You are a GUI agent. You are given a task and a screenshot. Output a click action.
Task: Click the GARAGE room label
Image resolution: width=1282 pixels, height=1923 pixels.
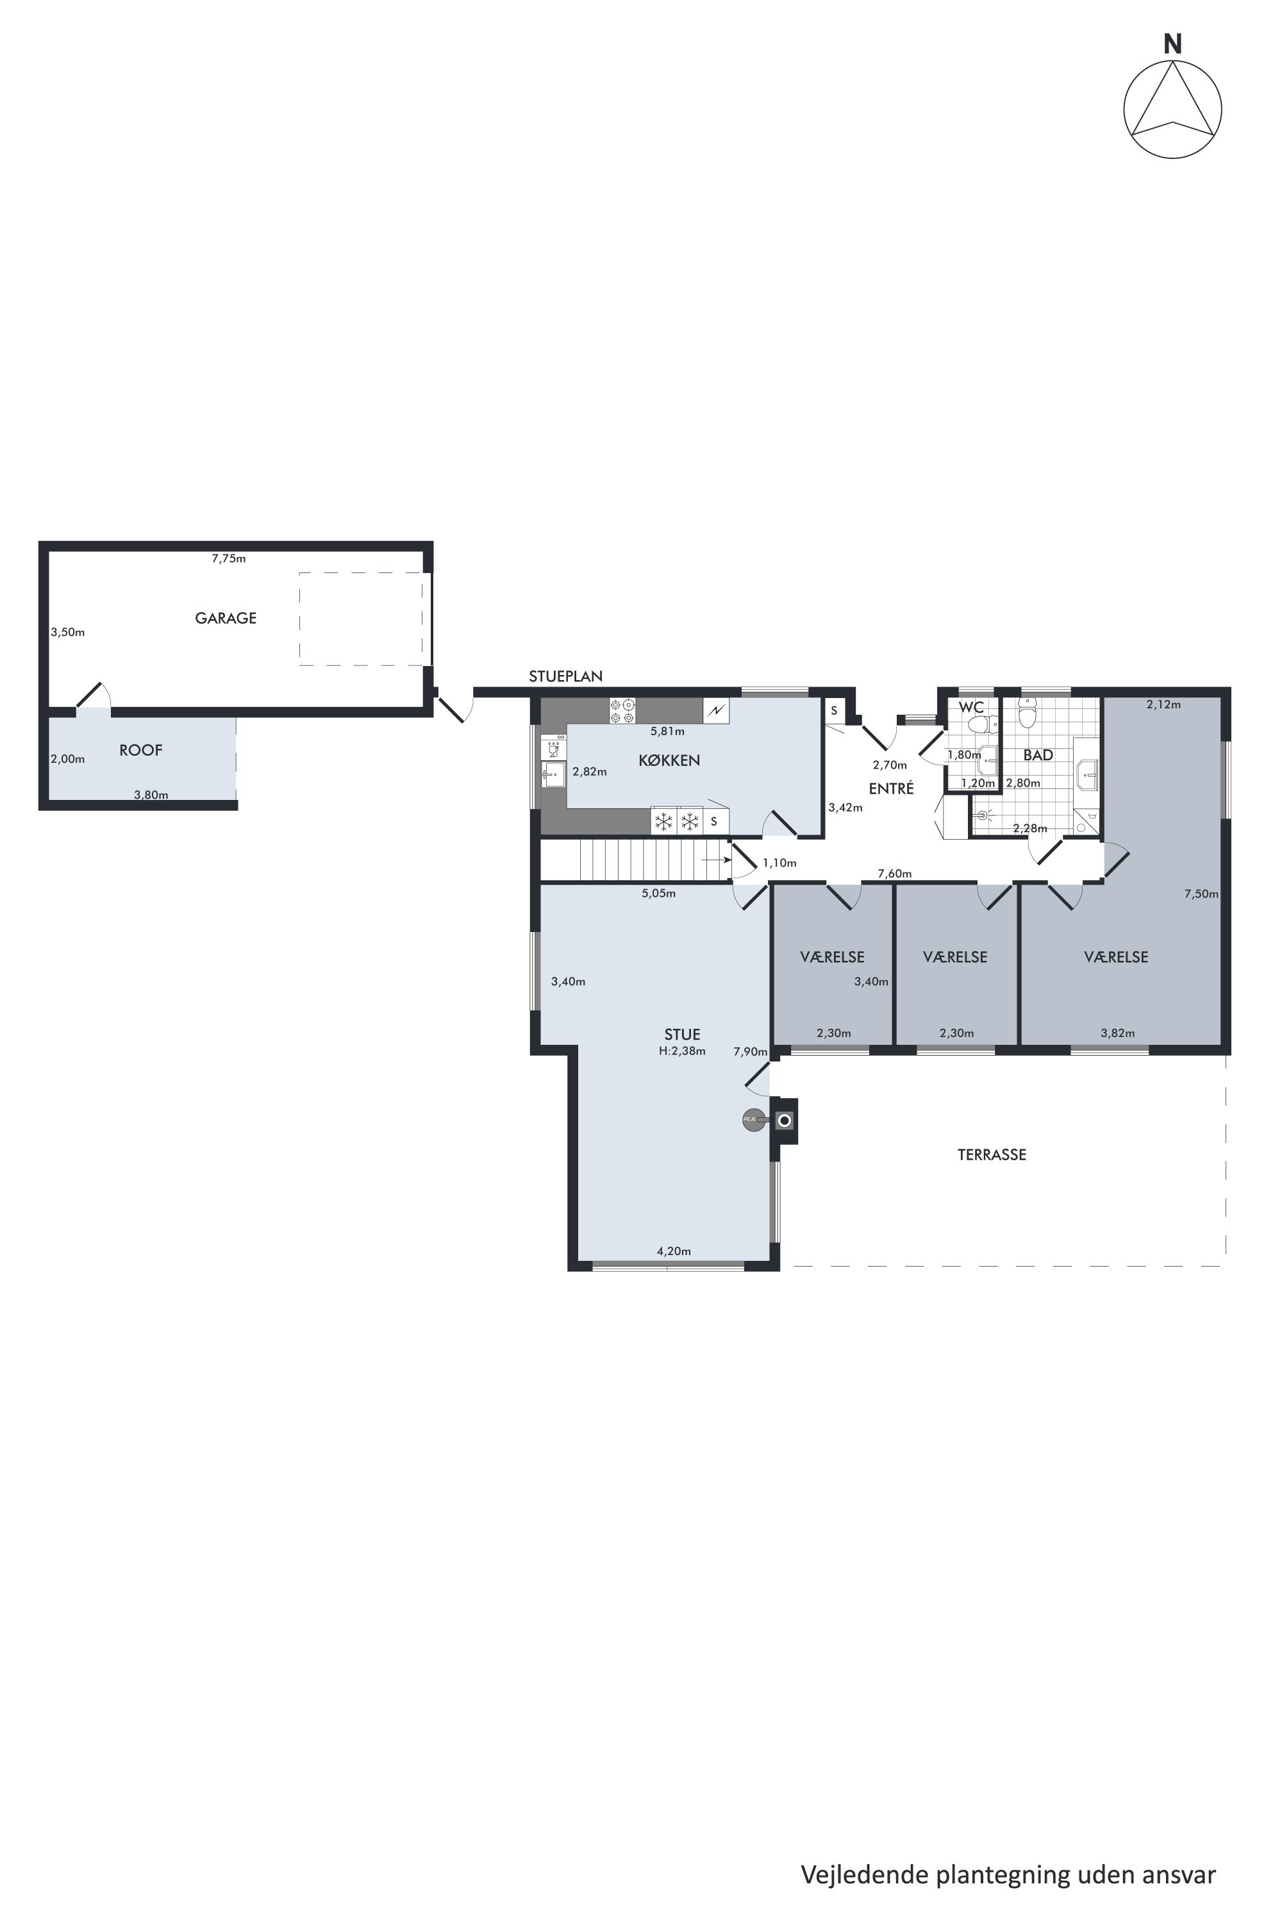226,618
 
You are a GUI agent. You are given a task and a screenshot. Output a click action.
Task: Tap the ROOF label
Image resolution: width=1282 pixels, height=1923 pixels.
140,750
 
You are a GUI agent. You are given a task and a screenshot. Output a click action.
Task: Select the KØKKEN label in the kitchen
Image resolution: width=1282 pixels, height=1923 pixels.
669,760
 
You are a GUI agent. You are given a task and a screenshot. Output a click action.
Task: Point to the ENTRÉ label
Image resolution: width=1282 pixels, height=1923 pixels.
891,789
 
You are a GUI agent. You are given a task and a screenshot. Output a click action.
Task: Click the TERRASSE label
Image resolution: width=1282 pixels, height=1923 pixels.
992,1154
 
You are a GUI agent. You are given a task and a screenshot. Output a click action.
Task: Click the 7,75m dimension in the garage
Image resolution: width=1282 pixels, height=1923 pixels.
229,558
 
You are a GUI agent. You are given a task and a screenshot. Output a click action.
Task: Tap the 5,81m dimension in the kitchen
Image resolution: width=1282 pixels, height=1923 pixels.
667,732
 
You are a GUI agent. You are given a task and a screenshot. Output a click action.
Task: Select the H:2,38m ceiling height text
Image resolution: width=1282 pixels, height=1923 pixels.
682,1051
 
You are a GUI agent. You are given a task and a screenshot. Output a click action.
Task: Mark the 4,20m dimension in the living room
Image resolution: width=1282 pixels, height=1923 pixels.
674,1251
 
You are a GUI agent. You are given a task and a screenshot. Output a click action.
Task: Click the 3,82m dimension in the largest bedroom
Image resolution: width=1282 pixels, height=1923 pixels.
1118,1033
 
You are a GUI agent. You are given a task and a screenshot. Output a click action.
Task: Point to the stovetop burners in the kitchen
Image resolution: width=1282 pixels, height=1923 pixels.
622,710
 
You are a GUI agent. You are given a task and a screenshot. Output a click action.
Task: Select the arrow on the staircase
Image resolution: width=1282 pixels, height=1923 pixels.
716,860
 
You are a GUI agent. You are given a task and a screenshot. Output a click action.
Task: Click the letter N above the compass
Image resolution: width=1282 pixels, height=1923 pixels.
1172,46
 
